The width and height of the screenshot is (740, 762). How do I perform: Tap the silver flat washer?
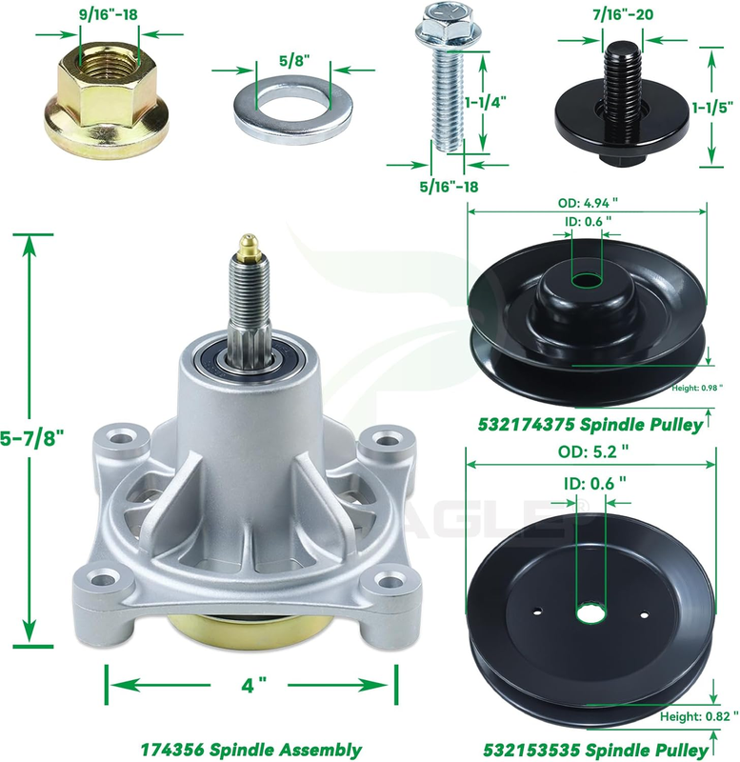pyautogui.click(x=293, y=110)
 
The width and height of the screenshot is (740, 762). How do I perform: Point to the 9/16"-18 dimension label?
pyautogui.click(x=109, y=14)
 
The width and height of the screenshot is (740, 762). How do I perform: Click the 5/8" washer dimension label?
pyautogui.click(x=294, y=60)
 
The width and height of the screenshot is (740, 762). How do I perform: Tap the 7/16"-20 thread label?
pyautogui.click(x=623, y=14)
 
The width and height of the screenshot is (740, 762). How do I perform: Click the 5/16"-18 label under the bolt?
pyautogui.click(x=449, y=186)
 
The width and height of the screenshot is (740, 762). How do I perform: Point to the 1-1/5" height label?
pyautogui.click(x=712, y=108)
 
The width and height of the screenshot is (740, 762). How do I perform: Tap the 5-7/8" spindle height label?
pyautogui.click(x=32, y=439)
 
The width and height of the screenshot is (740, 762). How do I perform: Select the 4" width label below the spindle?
pyautogui.click(x=253, y=685)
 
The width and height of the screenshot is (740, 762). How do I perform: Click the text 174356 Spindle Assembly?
pyautogui.click(x=251, y=750)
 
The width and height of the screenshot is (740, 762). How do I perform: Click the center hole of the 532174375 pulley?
pyautogui.click(x=587, y=280)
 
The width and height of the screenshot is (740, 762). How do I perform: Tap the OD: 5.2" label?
pyautogui.click(x=593, y=451)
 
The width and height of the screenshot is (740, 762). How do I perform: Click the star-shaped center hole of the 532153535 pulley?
pyautogui.click(x=591, y=612)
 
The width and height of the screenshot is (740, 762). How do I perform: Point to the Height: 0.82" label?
pyautogui.click(x=699, y=717)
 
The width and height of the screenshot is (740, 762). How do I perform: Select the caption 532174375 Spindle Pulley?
pyautogui.click(x=590, y=425)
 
